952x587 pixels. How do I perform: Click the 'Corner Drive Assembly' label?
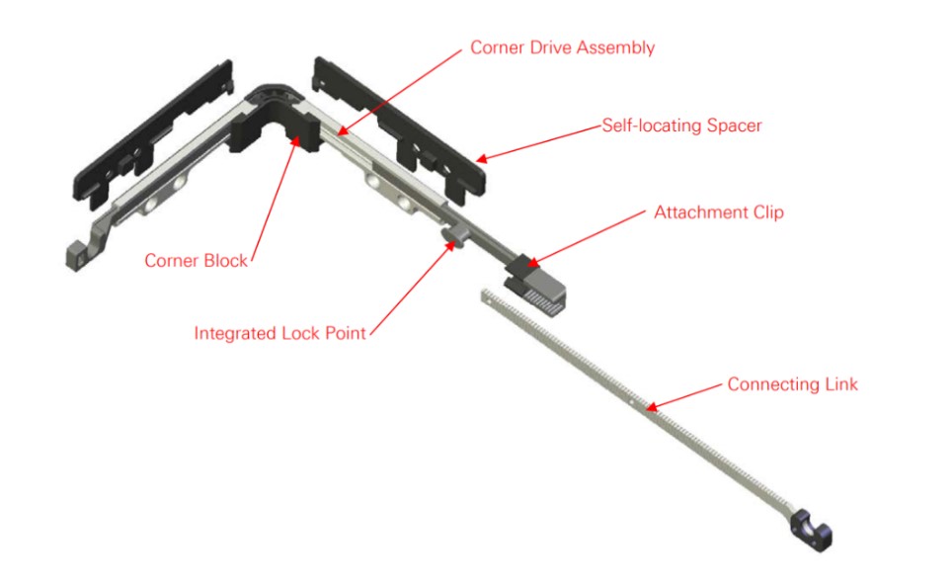[x=562, y=47]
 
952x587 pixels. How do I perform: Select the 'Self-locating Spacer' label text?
[x=681, y=126]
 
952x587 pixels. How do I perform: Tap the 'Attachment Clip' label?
[x=719, y=212]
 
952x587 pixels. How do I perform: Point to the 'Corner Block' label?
[x=197, y=261]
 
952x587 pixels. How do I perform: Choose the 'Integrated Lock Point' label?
[x=279, y=333]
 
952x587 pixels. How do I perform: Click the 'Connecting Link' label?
[x=792, y=384]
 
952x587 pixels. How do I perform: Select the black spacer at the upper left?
[x=153, y=134]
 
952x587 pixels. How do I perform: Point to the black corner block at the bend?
[x=275, y=127]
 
